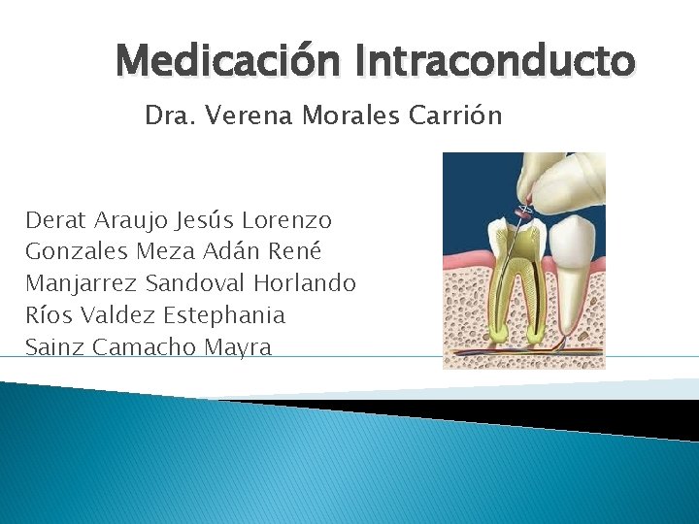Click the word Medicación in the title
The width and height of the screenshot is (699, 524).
tap(229, 62)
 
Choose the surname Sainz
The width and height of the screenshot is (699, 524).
tap(54, 347)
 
